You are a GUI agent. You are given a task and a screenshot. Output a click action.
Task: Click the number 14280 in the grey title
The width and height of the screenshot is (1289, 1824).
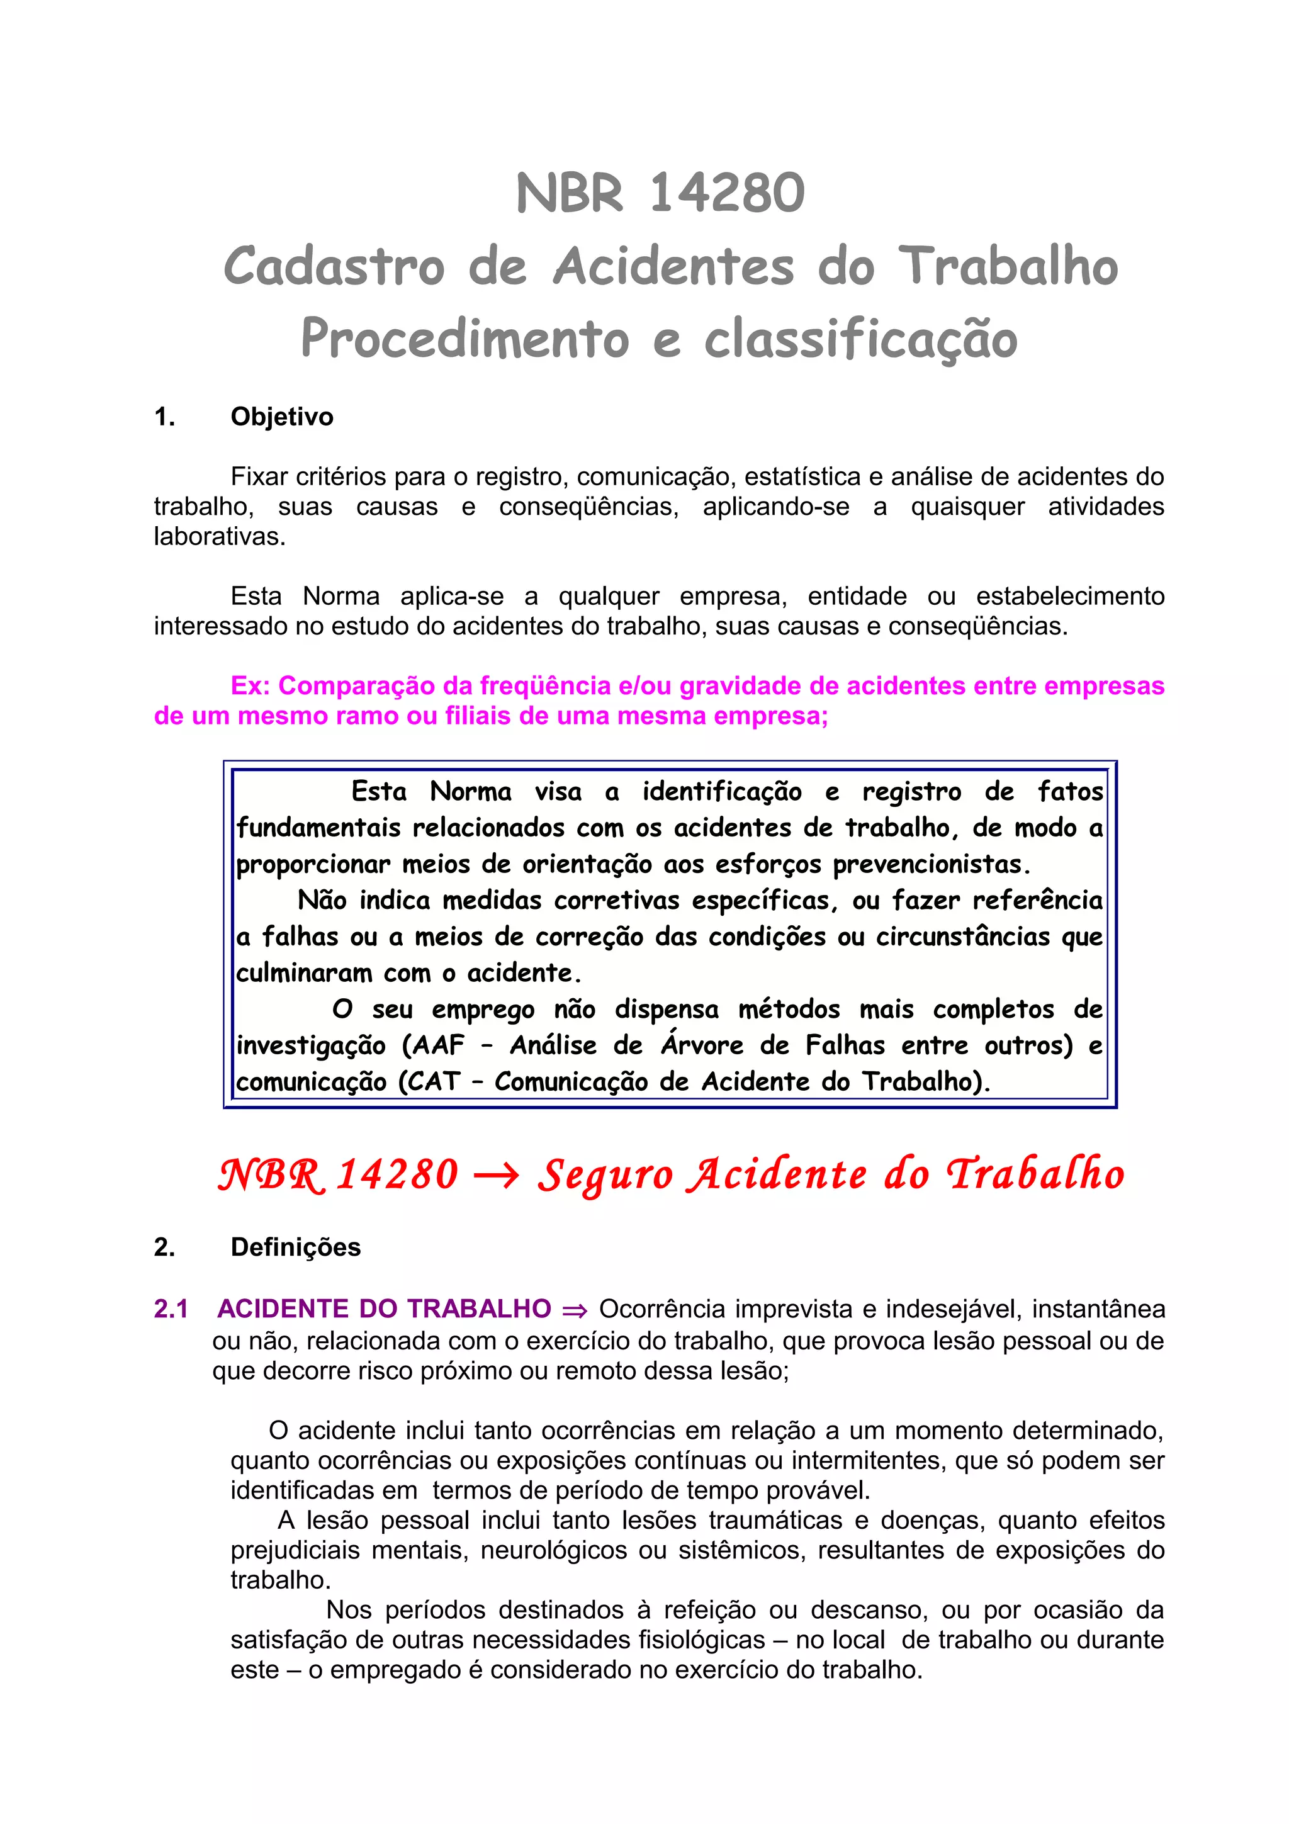[727, 193]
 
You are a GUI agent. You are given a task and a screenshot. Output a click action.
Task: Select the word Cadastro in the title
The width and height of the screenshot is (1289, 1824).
[334, 266]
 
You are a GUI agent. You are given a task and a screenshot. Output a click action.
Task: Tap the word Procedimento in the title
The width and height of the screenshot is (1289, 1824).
[464, 339]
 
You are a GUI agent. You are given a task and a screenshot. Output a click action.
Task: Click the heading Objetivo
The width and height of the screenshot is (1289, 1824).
[282, 417]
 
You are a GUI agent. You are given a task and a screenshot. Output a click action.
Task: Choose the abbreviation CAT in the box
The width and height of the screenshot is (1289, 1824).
[434, 1082]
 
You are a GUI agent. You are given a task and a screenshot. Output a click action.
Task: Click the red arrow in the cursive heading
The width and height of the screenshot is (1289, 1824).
[497, 1175]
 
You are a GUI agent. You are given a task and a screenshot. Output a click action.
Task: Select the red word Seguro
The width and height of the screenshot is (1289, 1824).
[605, 1175]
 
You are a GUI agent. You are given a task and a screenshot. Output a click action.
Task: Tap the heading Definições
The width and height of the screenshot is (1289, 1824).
[295, 1247]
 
